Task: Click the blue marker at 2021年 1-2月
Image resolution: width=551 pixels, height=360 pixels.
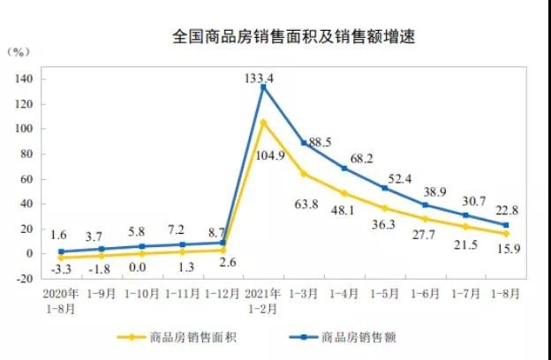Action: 263,86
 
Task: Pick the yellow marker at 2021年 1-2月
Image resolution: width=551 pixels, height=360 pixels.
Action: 263,122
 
